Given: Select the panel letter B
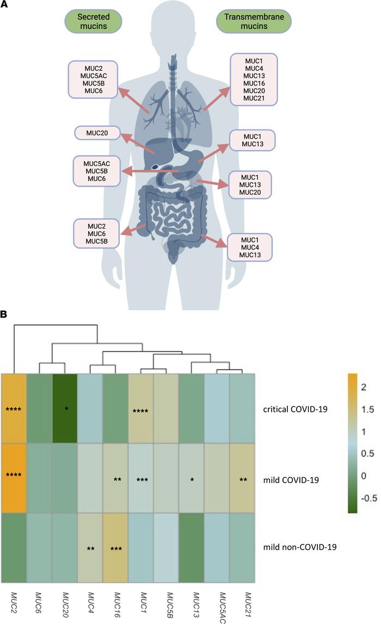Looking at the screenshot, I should click(x=4, y=314).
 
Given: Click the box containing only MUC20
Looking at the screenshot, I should click(x=96, y=133).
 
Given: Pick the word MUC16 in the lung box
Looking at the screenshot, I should click(x=254, y=83).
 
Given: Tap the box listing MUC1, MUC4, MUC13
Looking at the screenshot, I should click(x=249, y=247).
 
